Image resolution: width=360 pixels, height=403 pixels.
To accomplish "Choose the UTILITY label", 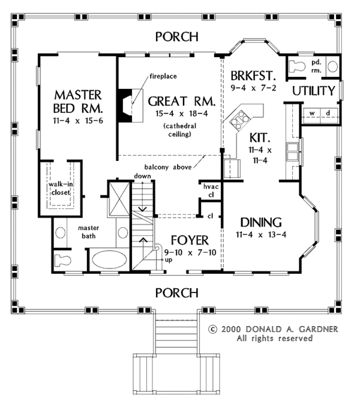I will (314, 91).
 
